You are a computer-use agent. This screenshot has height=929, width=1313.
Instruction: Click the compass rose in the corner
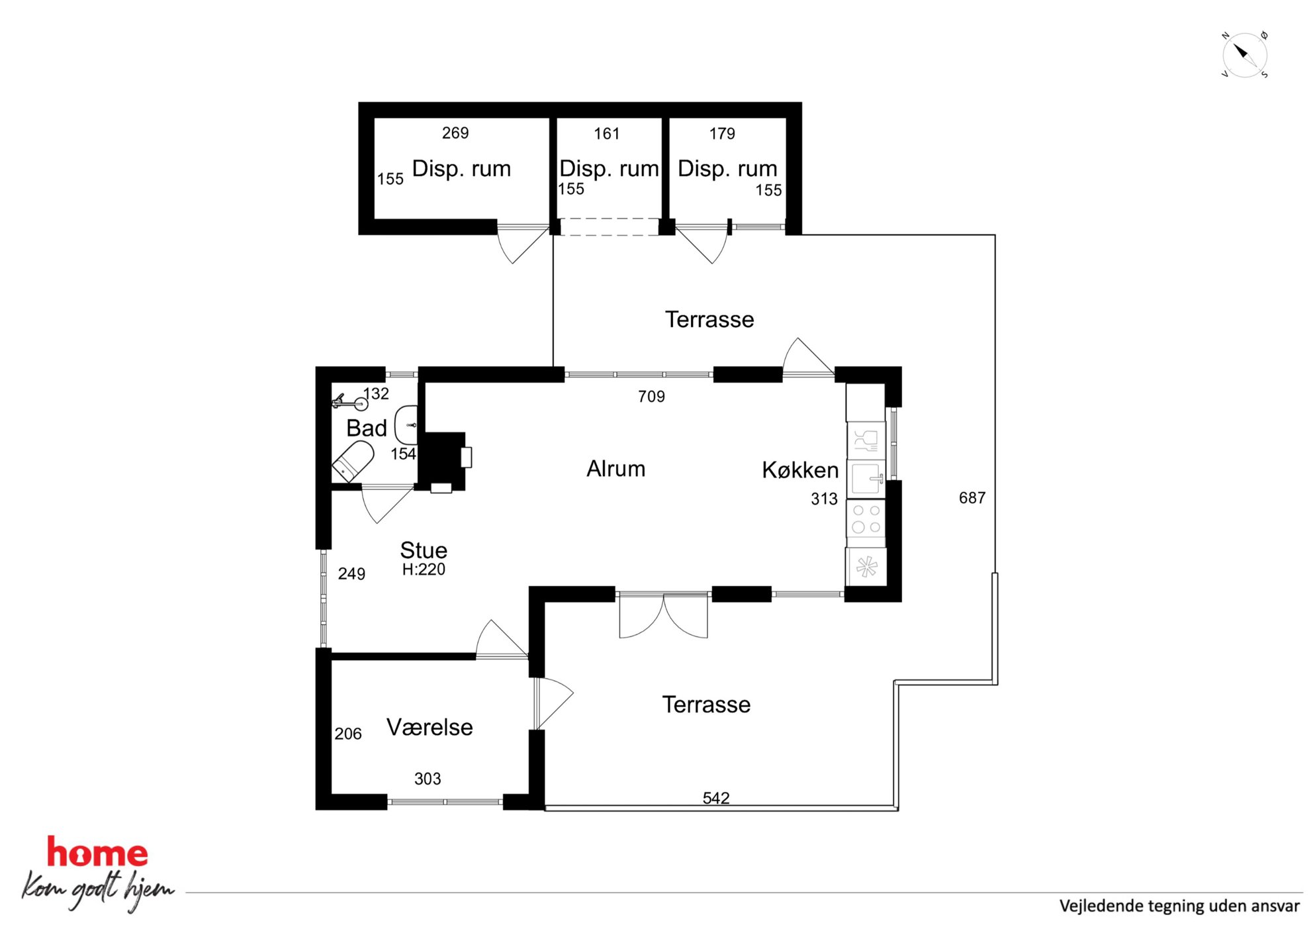pyautogui.click(x=1244, y=54)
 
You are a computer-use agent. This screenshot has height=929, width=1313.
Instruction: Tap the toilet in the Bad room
pyautogui.click(x=353, y=462)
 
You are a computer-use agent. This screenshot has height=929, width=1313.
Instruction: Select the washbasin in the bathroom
pyautogui.click(x=406, y=425)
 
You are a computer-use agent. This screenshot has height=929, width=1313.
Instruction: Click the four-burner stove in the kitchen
pyautogui.click(x=866, y=518)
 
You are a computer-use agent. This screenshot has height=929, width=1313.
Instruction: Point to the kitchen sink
pyautogui.click(x=866, y=479)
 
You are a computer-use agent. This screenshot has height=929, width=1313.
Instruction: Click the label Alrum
pyautogui.click(x=615, y=469)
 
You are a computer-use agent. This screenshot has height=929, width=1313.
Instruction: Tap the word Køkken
pyautogui.click(x=800, y=470)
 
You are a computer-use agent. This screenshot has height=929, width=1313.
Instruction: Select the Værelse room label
pyautogui.click(x=430, y=727)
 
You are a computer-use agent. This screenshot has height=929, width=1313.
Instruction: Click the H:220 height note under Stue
pyautogui.click(x=424, y=569)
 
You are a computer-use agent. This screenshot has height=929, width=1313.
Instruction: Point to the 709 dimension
pyautogui.click(x=651, y=397)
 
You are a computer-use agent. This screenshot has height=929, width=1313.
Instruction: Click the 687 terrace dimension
pyautogui.click(x=972, y=498)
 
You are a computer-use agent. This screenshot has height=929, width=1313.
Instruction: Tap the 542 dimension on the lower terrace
pyautogui.click(x=716, y=798)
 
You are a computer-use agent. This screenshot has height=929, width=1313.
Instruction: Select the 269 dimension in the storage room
pyautogui.click(x=455, y=133)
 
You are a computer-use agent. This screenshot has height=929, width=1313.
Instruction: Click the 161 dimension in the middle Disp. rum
pyautogui.click(x=606, y=134)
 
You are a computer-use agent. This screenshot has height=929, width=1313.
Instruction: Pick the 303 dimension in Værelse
pyautogui.click(x=428, y=779)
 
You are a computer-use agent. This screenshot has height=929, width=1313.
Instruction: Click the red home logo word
pyautogui.click(x=97, y=853)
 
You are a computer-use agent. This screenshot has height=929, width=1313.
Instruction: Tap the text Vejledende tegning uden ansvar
pyautogui.click(x=1179, y=906)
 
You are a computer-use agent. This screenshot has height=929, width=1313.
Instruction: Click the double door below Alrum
pyautogui.click(x=663, y=616)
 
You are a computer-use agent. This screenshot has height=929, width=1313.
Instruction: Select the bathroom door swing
pyautogui.click(x=387, y=505)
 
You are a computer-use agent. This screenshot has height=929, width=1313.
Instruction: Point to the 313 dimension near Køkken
pyautogui.click(x=824, y=499)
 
